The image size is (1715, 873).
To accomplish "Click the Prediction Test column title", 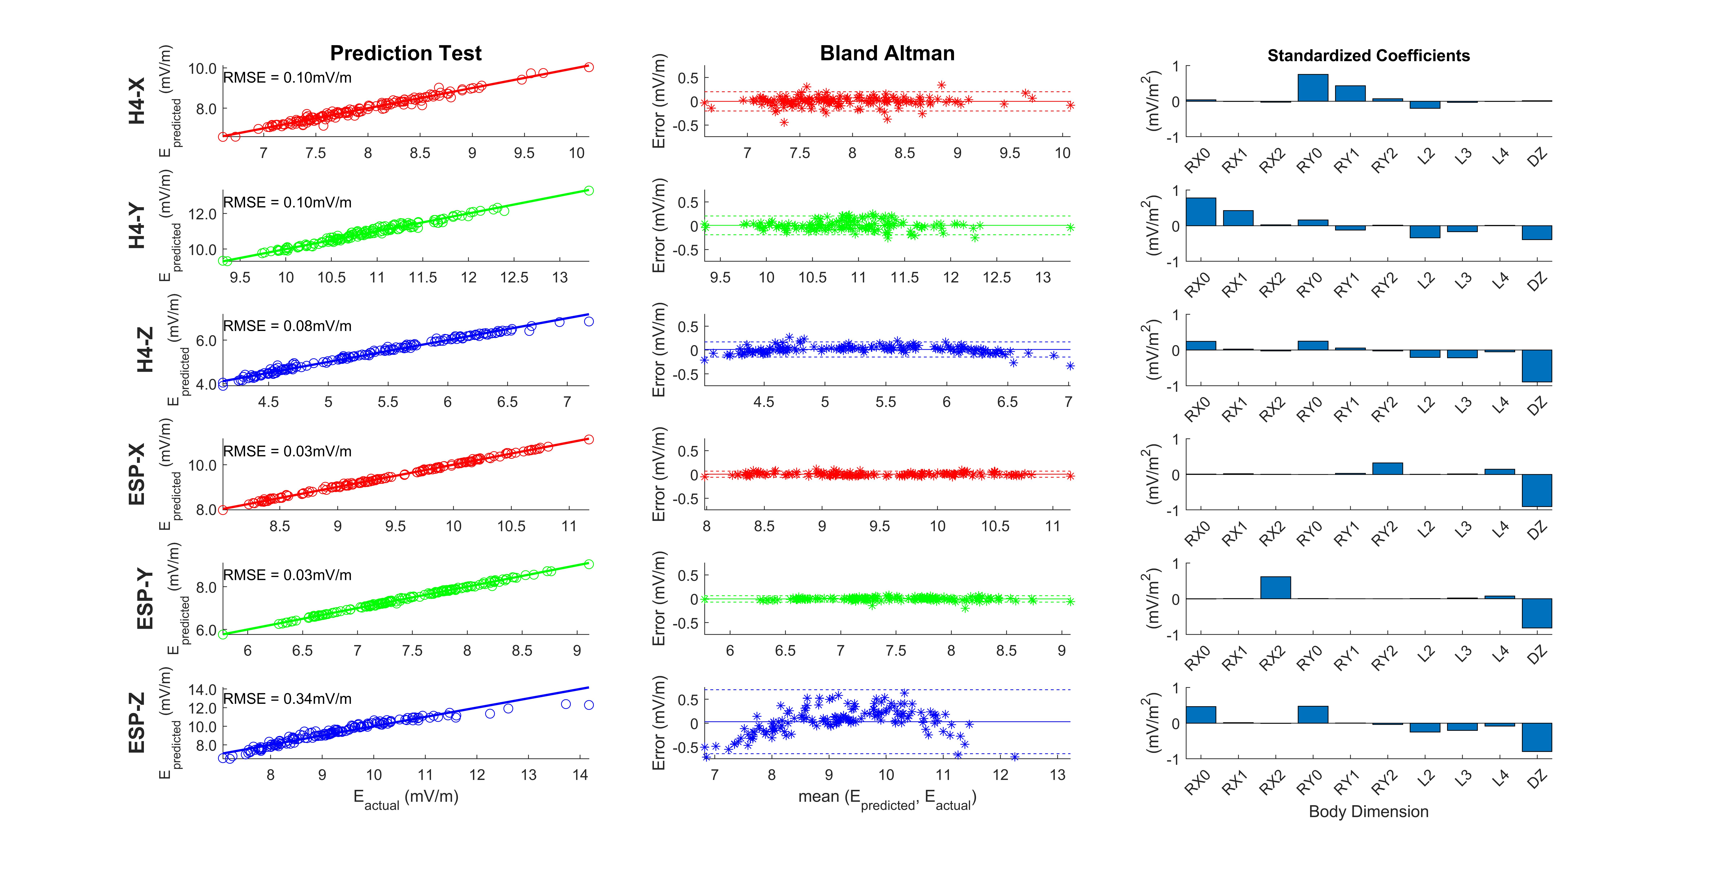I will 405,53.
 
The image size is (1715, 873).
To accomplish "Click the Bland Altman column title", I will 887,53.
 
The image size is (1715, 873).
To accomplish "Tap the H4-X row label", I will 137,101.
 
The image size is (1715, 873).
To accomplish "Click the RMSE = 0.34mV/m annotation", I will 287,699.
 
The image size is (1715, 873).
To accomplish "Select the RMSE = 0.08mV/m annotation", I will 287,326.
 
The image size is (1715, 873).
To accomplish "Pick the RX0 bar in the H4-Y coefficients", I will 1200,212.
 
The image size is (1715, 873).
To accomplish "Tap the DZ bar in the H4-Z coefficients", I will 1537,366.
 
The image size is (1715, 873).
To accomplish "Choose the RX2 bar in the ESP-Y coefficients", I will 1275,587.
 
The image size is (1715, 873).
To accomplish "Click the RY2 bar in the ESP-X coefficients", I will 1388,468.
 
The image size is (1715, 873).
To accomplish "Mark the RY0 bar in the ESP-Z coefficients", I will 1312,714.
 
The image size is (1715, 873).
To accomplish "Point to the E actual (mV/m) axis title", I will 405,797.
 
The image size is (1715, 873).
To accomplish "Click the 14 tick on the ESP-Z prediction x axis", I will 580,775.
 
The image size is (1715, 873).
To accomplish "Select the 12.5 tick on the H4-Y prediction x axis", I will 514,277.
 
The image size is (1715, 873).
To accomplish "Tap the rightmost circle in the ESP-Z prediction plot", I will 589,705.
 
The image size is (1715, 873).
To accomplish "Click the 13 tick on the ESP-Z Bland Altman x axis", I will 1057,775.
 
